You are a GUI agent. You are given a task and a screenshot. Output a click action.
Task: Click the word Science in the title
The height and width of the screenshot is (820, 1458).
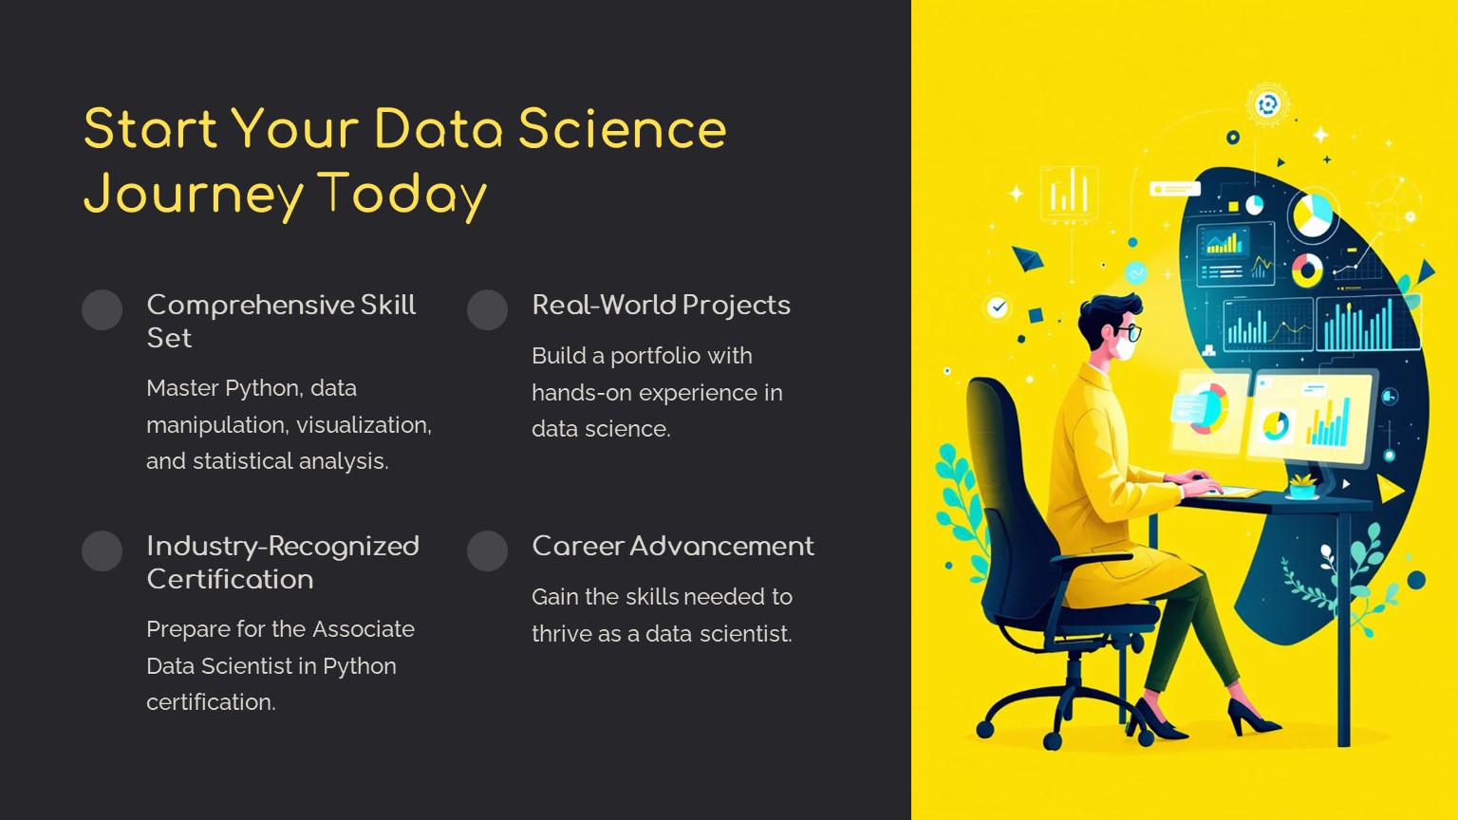[622, 129]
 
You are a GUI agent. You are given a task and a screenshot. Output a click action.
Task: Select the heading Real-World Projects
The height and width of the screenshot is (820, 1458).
[662, 306]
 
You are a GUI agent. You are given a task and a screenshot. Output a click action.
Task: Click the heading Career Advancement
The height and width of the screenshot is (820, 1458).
[673, 546]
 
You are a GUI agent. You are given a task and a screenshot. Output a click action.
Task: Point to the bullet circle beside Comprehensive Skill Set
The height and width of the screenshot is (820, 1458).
[103, 309]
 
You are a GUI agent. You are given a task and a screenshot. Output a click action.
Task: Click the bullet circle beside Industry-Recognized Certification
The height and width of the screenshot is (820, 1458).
[103, 551]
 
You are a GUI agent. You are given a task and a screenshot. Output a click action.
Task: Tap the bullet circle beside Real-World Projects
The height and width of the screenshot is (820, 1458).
[488, 309]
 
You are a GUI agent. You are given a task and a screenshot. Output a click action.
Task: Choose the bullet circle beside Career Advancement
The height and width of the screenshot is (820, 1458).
[488, 551]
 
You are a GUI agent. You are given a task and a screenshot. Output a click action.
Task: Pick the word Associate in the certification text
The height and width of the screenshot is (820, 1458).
[364, 629]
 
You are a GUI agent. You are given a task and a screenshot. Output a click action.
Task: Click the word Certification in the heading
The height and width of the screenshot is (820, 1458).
[230, 579]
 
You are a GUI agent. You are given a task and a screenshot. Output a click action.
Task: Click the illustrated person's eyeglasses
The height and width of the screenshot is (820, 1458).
[1131, 332]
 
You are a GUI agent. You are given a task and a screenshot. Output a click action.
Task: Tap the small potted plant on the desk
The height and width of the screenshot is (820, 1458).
[1302, 486]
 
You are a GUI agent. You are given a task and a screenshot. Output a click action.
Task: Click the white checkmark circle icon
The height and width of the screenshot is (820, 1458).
[998, 307]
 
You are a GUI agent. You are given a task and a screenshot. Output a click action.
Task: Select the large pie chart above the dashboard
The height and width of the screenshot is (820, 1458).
[1313, 215]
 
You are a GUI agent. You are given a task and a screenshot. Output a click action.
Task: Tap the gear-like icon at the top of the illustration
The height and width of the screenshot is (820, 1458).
[1267, 104]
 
